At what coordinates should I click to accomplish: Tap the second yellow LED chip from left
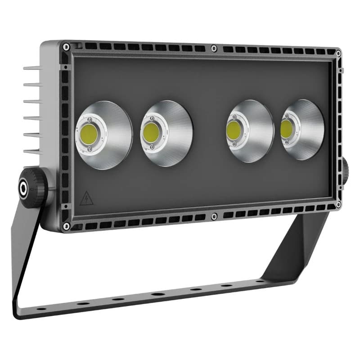pos(151,132)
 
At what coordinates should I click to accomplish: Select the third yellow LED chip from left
pos(233,130)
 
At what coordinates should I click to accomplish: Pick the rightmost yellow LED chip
pos(286,129)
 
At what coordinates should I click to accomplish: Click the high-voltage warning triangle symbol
pos(86,198)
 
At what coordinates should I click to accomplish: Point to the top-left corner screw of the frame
pos(66,46)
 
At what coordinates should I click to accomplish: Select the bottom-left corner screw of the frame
pos(66,225)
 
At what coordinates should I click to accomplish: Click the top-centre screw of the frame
pos(215,48)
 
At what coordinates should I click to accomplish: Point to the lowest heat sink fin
pos(32,152)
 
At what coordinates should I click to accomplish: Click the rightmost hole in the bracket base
pos(260,281)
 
